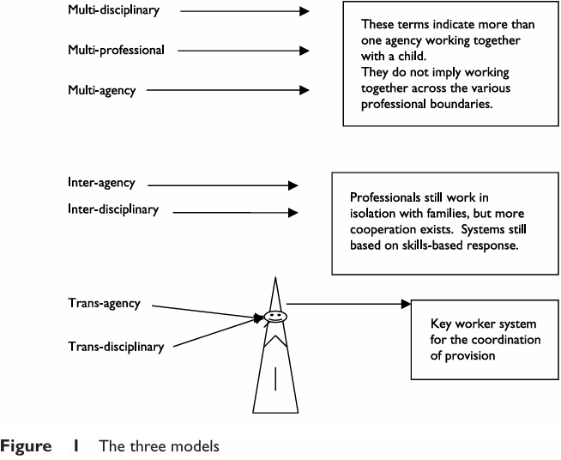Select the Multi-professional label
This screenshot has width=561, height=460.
116,51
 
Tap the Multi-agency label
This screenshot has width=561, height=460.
101,89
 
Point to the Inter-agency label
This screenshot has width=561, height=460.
100,184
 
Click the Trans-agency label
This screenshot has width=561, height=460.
104,304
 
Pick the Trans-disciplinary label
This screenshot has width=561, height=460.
116,346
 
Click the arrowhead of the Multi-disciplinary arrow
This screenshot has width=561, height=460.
303,12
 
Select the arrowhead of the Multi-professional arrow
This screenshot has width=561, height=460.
303,51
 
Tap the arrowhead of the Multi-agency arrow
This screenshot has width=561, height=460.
303,89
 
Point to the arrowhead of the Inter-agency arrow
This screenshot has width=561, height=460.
293,185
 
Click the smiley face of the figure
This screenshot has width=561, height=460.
274,318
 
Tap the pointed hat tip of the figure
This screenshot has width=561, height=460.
274,278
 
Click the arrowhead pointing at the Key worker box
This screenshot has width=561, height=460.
406,304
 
